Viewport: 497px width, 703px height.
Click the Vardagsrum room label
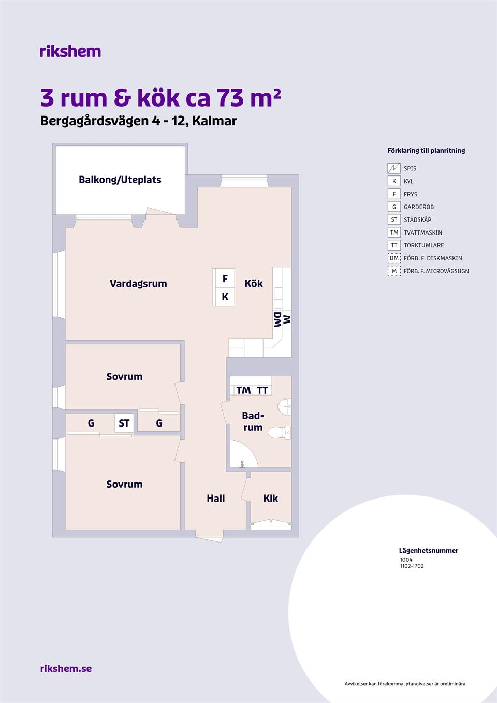138,284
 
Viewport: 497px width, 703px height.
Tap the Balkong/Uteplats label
120,180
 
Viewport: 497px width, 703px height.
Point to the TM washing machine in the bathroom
243,390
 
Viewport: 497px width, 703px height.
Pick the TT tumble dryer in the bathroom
262,390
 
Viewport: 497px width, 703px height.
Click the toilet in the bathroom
279,432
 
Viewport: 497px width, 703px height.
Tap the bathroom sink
285,406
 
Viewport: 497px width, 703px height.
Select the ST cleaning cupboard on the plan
124,423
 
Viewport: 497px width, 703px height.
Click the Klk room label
270,499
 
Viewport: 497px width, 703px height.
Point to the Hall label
215,499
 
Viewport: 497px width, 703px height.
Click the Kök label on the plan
254,284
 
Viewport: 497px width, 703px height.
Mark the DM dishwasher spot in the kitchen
277,319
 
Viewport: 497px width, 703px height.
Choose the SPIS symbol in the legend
394,168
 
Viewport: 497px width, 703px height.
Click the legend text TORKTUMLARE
423,245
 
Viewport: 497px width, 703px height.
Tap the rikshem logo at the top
70,51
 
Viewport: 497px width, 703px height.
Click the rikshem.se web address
66,668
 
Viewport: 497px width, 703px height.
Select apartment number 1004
406,560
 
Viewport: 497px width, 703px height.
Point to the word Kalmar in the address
214,121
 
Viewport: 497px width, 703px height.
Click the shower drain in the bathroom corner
242,463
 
